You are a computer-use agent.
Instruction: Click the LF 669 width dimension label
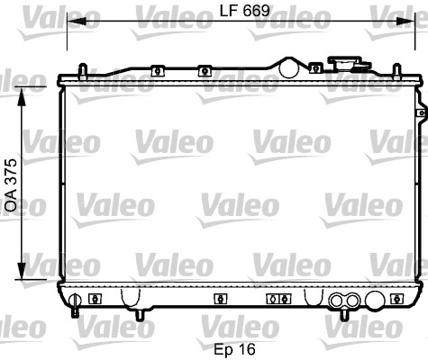pyautogui.click(x=245, y=11)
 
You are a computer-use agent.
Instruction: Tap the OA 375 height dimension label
pyautogui.click(x=12, y=185)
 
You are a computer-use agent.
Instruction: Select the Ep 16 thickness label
pyautogui.click(x=234, y=349)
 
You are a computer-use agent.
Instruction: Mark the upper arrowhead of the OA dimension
pyautogui.click(x=22, y=96)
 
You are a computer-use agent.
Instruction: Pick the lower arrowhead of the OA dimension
pyautogui.click(x=22, y=270)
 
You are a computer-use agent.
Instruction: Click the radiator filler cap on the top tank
pyautogui.click(x=350, y=64)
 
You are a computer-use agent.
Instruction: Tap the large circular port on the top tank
pyautogui.click(x=289, y=68)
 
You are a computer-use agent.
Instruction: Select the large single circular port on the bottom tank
pyautogui.click(x=375, y=300)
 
